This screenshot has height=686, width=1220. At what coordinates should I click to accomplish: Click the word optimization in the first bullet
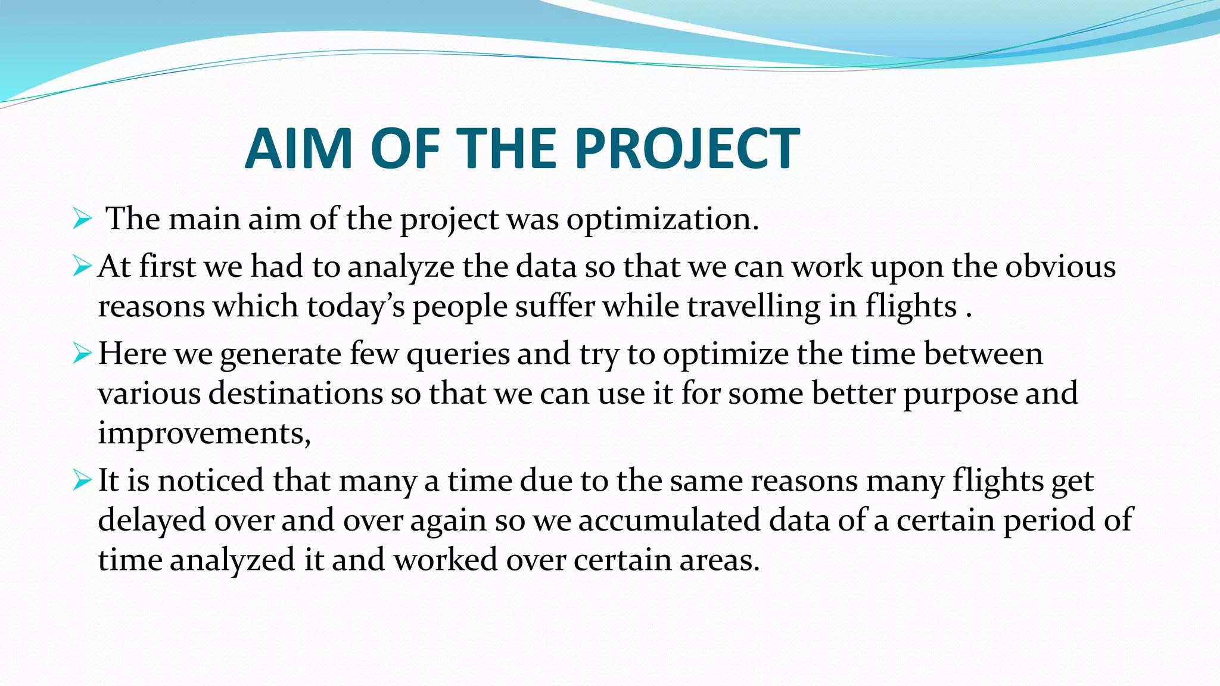click(662, 220)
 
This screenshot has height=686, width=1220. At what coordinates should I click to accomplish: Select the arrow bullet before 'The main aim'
click(82, 219)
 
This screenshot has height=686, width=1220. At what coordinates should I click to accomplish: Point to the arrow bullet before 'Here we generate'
click(82, 354)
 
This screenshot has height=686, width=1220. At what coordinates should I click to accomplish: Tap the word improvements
click(204, 433)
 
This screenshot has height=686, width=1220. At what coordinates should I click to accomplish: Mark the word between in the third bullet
click(984, 354)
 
